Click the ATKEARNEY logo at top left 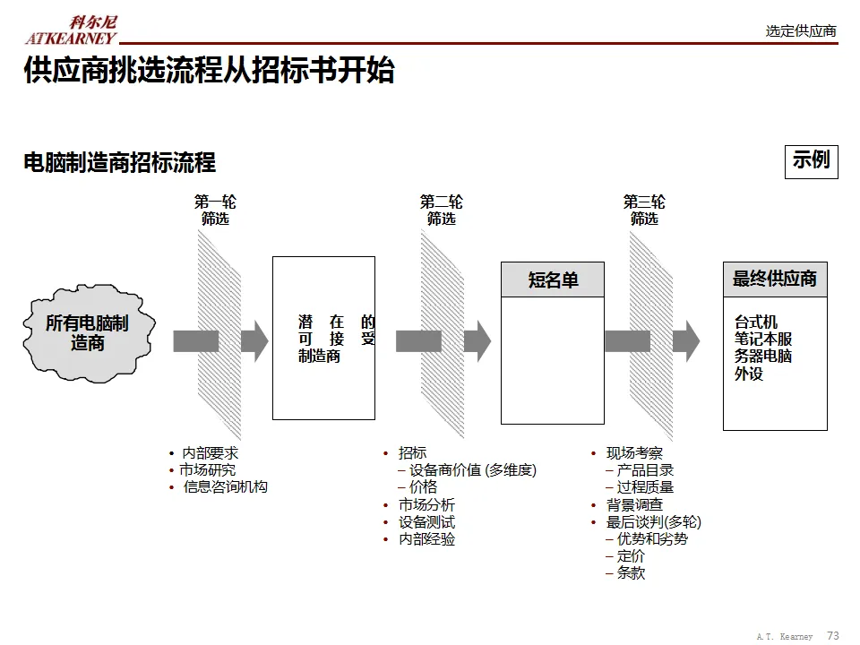point(71,30)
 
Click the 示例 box point(811,160)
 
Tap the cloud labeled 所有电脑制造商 point(88,332)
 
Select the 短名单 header point(553,280)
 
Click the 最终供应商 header point(775,279)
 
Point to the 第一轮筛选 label point(215,210)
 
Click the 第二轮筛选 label point(441,210)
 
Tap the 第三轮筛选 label point(644,210)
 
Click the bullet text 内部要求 point(210,454)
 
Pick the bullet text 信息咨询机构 point(225,486)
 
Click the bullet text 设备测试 point(426,522)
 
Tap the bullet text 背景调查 point(634,505)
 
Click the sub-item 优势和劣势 point(652,539)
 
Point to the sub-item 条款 point(631,573)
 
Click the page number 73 point(832,635)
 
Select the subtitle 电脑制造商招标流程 point(119,163)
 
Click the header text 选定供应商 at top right point(801,30)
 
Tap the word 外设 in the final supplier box point(749,374)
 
